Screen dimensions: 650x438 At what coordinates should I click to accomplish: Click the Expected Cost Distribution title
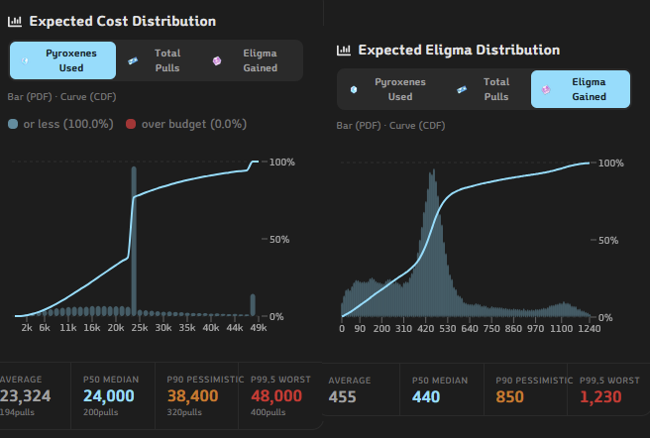tap(122, 21)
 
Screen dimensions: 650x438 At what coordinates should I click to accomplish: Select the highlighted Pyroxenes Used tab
tap(62, 60)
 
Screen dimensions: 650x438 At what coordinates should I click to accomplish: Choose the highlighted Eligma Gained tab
tap(581, 89)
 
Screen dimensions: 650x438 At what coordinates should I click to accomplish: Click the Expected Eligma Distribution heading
tap(459, 50)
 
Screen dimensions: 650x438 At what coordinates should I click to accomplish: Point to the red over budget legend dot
tap(131, 124)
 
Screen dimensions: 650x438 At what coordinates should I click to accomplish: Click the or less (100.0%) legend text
tap(68, 124)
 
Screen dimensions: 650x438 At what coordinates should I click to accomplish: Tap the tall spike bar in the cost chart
tap(134, 241)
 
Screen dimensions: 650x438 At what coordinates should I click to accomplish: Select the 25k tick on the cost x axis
tap(140, 328)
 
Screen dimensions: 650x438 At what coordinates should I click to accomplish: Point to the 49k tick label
tap(259, 328)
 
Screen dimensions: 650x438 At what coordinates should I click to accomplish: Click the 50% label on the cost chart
tap(279, 240)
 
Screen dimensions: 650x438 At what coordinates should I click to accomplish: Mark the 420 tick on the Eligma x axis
tap(425, 329)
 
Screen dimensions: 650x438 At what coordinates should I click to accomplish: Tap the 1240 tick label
tap(590, 329)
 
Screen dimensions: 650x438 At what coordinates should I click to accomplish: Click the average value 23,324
tap(26, 396)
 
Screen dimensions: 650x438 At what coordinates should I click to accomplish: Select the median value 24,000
tap(109, 396)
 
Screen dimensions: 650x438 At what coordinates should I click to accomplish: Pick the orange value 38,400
tap(193, 396)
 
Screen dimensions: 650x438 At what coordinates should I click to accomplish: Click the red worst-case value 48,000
tap(276, 396)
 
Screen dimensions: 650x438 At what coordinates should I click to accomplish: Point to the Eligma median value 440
tap(426, 397)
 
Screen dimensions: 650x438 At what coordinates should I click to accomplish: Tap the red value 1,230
tap(600, 397)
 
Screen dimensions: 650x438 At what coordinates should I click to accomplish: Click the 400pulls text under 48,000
tap(268, 412)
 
